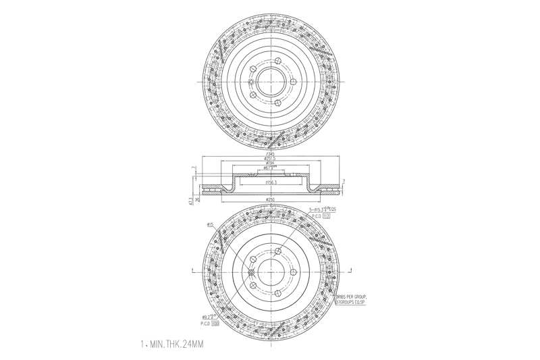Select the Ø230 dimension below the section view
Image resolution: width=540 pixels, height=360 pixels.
click(269, 200)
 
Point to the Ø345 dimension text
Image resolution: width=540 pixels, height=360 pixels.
click(269, 154)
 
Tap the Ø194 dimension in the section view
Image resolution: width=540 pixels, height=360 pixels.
click(269, 163)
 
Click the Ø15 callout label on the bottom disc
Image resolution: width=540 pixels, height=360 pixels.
click(210, 224)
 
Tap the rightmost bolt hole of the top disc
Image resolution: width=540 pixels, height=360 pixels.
click(295, 83)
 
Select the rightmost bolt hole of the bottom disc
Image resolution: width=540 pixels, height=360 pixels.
click(295, 272)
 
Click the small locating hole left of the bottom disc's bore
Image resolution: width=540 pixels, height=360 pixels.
click(251, 272)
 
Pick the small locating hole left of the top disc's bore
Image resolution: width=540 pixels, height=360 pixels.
click(251, 83)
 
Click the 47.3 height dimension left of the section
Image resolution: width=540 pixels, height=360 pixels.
click(191, 200)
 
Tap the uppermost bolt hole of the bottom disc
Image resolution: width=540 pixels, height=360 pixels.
click(277, 249)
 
